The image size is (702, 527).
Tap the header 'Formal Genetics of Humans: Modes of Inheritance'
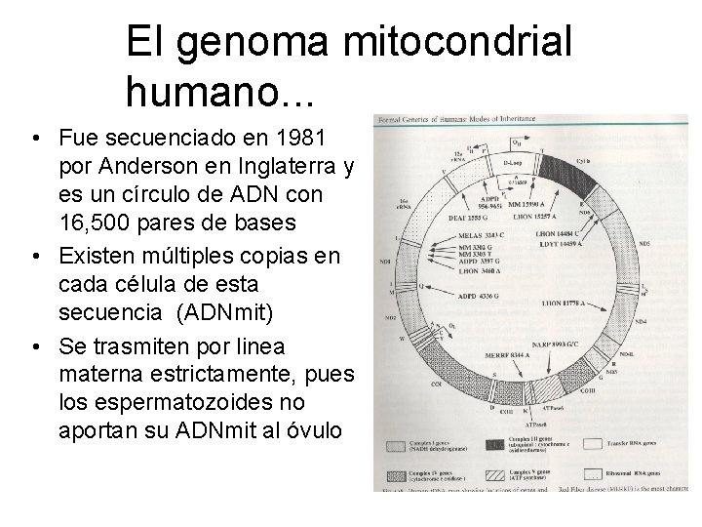pos(457,120)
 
